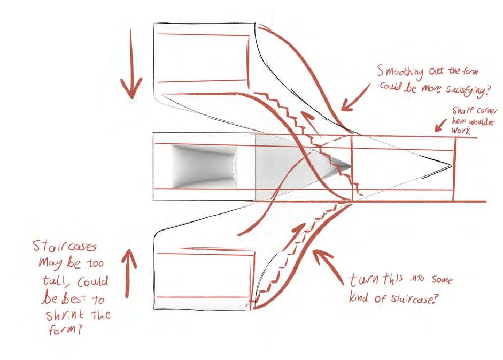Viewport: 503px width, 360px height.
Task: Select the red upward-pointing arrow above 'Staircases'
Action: [x=130, y=259]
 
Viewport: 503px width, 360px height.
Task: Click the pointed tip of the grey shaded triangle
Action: [x=351, y=166]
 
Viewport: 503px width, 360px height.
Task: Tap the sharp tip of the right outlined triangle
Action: [x=451, y=166]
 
